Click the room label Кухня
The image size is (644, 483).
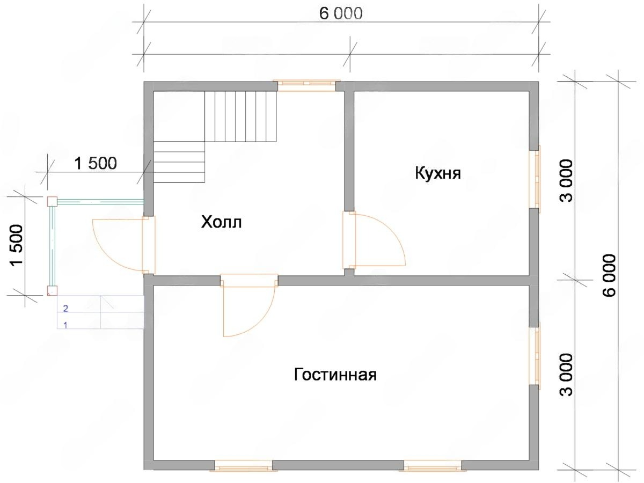(x=438, y=173)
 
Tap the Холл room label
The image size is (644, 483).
(x=222, y=222)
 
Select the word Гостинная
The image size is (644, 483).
(x=335, y=375)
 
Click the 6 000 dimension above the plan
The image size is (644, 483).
(x=341, y=14)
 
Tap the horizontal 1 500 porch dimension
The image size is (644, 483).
(x=96, y=163)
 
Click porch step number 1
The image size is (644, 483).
(x=65, y=325)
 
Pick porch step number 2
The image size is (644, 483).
(x=65, y=308)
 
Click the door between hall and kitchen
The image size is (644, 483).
(x=374, y=240)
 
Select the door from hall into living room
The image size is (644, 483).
(x=249, y=305)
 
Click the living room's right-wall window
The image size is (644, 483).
(x=535, y=356)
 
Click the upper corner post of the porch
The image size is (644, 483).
(x=52, y=201)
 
